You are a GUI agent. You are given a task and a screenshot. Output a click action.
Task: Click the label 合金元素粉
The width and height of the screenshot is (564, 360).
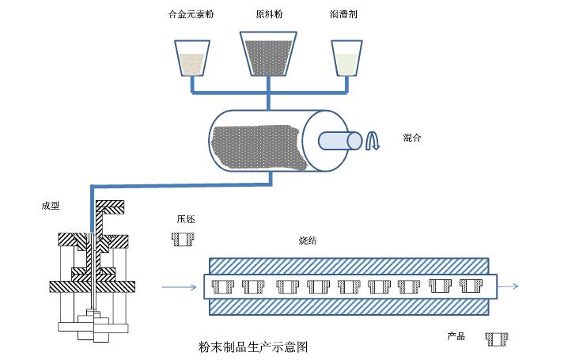191,15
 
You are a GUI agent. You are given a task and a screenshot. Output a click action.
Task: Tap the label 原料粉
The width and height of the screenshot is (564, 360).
267,15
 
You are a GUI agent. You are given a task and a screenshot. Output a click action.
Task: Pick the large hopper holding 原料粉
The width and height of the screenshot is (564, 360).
269,52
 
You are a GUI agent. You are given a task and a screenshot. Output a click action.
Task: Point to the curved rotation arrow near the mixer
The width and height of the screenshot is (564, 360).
373,141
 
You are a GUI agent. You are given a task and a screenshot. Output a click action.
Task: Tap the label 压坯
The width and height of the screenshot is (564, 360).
186,219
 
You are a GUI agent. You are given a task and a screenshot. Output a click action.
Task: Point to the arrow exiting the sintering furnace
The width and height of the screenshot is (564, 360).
511,286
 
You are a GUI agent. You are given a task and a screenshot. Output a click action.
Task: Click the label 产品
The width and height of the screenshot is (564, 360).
456,337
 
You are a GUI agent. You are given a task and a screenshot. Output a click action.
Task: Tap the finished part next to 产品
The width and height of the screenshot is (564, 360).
498,339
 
